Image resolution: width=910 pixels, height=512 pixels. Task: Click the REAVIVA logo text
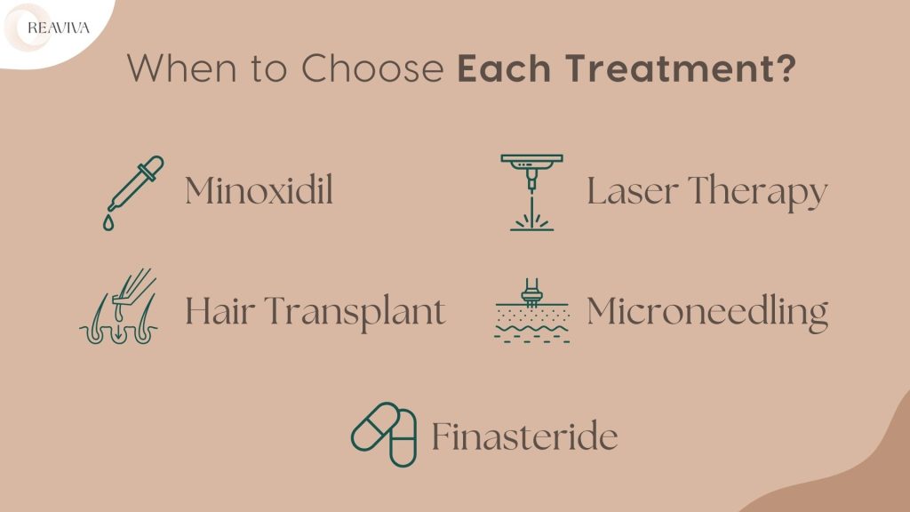(59, 28)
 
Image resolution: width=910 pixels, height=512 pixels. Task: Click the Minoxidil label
(259, 191)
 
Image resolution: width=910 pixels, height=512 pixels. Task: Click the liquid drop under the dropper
(108, 224)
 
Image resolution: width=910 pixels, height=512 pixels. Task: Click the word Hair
(218, 311)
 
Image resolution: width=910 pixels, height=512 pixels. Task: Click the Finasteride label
(524, 436)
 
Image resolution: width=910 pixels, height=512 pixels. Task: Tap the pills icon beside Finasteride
(384, 434)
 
